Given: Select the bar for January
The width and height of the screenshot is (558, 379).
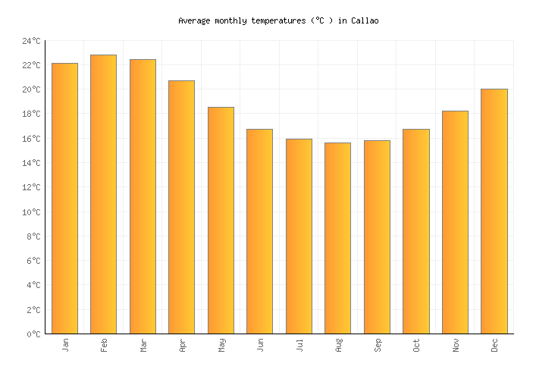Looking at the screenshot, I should click(64, 199).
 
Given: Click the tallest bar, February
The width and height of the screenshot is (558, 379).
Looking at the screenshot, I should click(103, 194).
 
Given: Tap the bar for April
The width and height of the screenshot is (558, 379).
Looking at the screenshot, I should click(181, 207).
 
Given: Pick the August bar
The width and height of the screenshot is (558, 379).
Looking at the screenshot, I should click(337, 238).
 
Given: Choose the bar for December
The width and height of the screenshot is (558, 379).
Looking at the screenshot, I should click(494, 211).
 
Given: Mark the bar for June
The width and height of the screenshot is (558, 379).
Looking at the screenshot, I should click(259, 231).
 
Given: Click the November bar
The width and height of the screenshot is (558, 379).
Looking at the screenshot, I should click(455, 222).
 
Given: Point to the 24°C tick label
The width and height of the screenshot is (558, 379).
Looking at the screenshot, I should click(30, 41).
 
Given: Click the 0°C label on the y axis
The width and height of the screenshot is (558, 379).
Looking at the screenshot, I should click(33, 334).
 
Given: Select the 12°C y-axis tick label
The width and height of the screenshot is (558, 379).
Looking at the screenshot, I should click(30, 187).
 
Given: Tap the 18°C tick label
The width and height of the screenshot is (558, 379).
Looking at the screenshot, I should click(30, 114).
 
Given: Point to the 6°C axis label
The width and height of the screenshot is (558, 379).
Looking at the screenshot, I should click(33, 261).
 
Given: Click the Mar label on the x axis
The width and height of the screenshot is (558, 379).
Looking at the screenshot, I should click(143, 345).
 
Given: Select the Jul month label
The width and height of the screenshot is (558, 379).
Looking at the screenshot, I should click(299, 345).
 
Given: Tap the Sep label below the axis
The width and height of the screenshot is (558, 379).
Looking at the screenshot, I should click(378, 345).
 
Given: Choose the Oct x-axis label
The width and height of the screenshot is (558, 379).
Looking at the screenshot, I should click(416, 345).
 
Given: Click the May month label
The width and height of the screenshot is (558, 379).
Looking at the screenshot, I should click(221, 345).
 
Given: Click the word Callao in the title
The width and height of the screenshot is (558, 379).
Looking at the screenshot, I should click(365, 20).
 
